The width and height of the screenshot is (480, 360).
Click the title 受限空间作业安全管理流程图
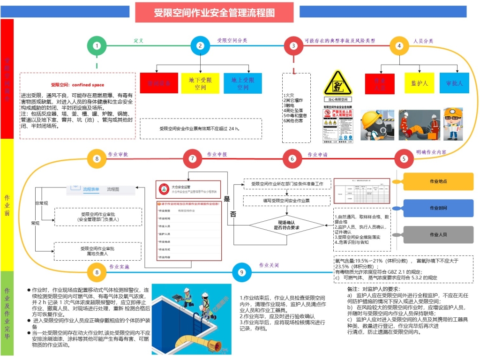point(214,13)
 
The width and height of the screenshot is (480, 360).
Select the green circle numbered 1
point(97,45)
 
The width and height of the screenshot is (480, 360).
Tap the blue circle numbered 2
point(200,45)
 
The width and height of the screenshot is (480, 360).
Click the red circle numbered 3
point(293,45)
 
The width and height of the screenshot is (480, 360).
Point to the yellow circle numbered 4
point(399,45)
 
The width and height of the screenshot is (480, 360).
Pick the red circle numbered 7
point(192,158)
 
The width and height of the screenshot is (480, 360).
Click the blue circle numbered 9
point(242,272)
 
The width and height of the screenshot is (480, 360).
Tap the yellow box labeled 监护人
point(420,83)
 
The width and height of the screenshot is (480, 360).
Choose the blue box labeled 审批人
point(454,83)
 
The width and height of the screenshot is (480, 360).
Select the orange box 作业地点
point(438,181)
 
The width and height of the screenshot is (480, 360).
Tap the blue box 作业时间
point(438,208)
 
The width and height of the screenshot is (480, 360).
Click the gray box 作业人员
point(438,234)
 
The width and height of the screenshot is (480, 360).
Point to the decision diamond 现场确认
point(286,225)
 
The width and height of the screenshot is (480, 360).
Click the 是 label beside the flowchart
point(227,199)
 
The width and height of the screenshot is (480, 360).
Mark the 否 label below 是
point(233,214)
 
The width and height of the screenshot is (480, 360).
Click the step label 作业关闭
point(269,265)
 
